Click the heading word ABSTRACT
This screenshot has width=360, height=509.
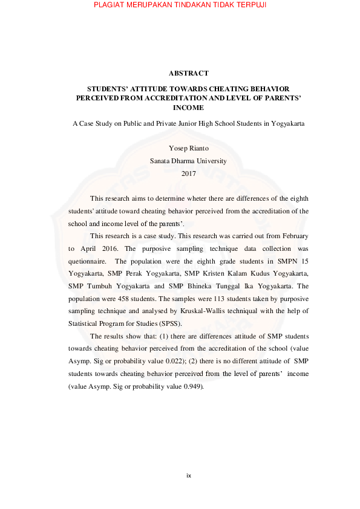coord(189,73)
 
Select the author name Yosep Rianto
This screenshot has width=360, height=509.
coord(189,148)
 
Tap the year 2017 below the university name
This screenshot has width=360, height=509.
coord(189,173)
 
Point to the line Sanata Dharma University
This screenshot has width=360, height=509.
coord(189,161)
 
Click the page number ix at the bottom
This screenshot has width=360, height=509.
coord(189,476)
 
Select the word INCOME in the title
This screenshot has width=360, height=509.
coord(189,108)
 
